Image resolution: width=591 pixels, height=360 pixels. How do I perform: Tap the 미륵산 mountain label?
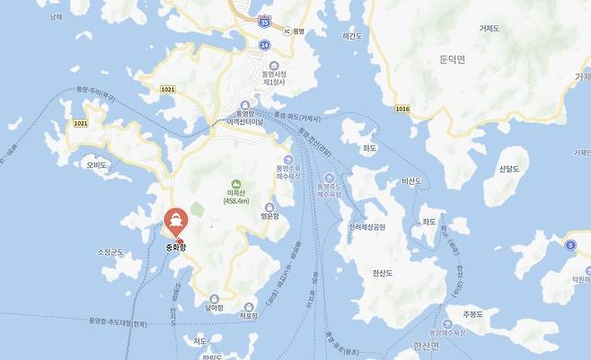[236, 196]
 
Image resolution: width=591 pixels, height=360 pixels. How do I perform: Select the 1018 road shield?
[401, 109]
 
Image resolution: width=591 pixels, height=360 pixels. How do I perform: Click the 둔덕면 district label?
[454, 60]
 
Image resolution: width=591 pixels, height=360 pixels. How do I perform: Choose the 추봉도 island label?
[473, 313]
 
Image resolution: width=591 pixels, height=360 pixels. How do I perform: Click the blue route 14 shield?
[264, 44]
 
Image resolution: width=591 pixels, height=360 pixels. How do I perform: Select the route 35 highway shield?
[263, 20]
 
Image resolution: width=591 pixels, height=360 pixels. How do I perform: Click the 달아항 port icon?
[214, 299]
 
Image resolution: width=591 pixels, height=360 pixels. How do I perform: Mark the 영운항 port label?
[271, 215]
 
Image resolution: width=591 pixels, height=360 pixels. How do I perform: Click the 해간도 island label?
[352, 36]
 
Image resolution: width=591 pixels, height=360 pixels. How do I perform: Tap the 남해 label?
[57, 16]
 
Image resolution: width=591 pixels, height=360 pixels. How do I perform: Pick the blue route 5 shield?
[569, 245]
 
